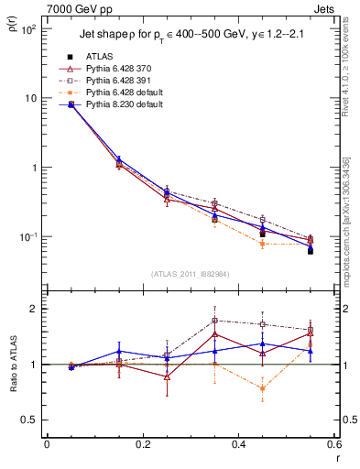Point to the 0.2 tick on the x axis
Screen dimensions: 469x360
point(142,445)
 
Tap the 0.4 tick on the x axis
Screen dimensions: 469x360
point(237,445)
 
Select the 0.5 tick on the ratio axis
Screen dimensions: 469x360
point(34,420)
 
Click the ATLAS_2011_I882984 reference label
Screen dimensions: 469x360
point(191,274)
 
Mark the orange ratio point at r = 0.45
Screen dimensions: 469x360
point(262,388)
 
